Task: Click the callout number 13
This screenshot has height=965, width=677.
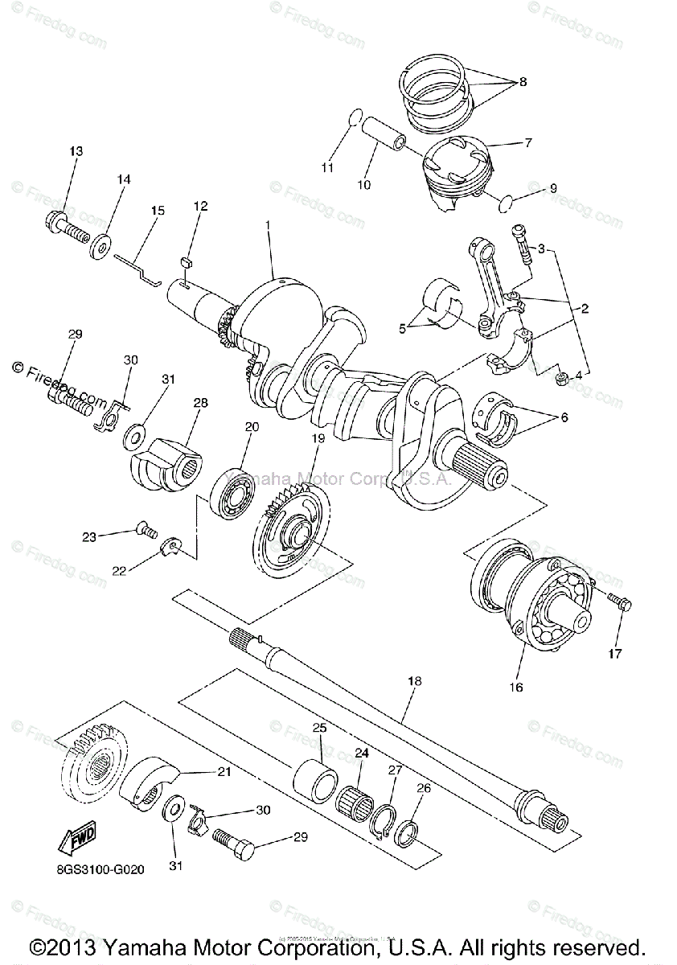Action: pos(76,151)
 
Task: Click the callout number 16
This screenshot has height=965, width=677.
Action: pos(515,687)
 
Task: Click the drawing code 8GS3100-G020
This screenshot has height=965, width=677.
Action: pos(101,870)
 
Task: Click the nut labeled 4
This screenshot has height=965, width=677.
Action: pos(564,376)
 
